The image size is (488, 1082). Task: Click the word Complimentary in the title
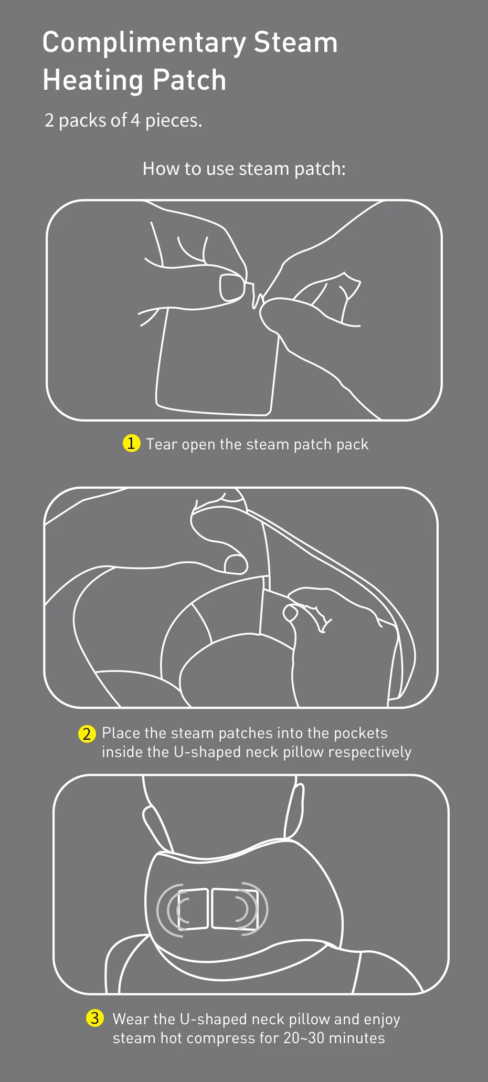[144, 44]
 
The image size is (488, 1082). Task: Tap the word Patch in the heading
[190, 80]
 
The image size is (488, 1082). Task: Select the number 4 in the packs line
[135, 121]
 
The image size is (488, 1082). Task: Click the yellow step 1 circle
[131, 443]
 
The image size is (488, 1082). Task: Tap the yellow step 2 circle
[87, 733]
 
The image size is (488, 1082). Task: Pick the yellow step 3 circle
[94, 1018]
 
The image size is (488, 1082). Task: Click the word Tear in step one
[162, 444]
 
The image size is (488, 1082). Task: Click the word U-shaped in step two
[207, 752]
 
